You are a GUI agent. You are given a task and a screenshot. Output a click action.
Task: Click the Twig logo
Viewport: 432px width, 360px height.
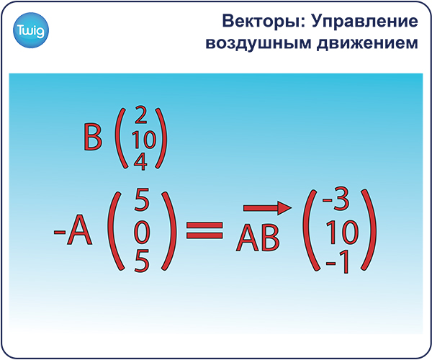[31, 30]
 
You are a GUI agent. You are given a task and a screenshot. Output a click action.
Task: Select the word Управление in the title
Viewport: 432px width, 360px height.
[365, 22]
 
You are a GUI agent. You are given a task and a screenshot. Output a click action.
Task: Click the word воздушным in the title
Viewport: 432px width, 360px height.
[258, 43]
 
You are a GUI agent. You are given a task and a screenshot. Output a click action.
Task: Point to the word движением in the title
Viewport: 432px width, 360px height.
[367, 43]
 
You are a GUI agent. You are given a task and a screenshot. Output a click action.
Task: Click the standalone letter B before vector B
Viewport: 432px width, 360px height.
[93, 137]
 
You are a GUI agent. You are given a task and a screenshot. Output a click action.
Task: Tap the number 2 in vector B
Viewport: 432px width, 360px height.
[141, 114]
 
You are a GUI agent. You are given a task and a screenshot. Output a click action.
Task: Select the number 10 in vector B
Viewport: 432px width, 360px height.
[144, 140]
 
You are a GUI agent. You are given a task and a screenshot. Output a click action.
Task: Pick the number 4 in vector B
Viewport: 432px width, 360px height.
[140, 161]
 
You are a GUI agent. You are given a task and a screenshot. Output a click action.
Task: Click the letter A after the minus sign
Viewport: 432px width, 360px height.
[79, 230]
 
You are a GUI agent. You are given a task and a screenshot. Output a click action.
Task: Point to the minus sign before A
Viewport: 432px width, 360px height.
[60, 233]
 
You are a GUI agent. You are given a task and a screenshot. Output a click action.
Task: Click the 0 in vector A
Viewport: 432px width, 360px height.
[142, 233]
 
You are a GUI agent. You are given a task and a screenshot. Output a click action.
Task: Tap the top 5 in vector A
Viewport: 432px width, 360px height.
[142, 199]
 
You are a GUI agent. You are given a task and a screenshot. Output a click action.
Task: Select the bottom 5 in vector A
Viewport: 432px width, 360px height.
[142, 261]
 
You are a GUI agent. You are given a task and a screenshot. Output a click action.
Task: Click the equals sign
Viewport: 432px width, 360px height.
[204, 230]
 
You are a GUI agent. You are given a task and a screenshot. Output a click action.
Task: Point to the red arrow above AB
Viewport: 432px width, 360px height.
[267, 208]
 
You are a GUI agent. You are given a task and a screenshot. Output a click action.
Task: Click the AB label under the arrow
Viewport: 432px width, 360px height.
[258, 237]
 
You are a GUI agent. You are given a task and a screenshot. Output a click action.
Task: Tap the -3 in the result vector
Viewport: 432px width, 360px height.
[336, 198]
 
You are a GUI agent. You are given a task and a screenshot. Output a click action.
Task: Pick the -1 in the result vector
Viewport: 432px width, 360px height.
[337, 261]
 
